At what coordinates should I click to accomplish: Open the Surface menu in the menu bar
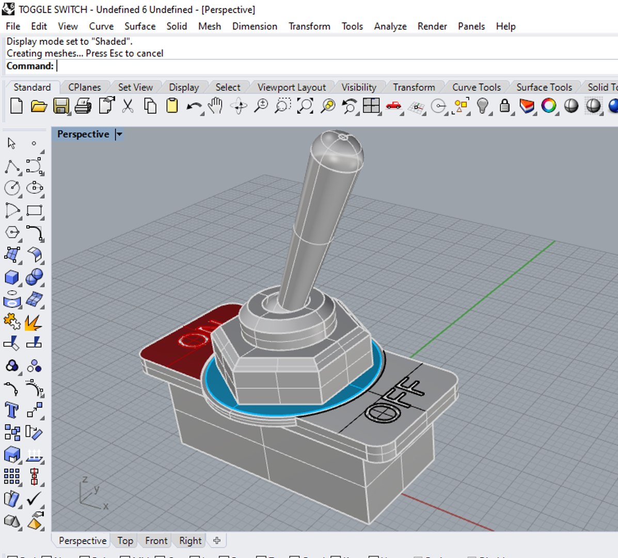[x=139, y=26]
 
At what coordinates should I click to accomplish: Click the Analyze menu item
[x=390, y=26]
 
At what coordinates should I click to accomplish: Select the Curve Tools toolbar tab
[x=476, y=87]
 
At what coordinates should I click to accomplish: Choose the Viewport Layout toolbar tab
[x=291, y=87]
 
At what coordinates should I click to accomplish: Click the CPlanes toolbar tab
[x=84, y=87]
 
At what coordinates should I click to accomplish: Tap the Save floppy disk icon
[x=61, y=106]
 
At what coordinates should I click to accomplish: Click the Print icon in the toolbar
[x=83, y=106]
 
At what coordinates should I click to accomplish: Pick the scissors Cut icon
[x=128, y=106]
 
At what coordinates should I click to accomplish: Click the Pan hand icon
[x=215, y=106]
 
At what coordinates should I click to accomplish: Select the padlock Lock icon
[x=504, y=106]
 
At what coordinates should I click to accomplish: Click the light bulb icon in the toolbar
[x=482, y=106]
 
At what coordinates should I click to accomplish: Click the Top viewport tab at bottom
[x=125, y=540]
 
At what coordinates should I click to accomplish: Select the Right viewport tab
[x=190, y=540]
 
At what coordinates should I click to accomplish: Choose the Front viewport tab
[x=156, y=540]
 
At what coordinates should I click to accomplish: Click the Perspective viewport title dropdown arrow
[x=119, y=134]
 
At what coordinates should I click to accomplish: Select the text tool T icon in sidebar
[x=11, y=410]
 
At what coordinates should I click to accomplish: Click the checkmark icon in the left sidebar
[x=34, y=499]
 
